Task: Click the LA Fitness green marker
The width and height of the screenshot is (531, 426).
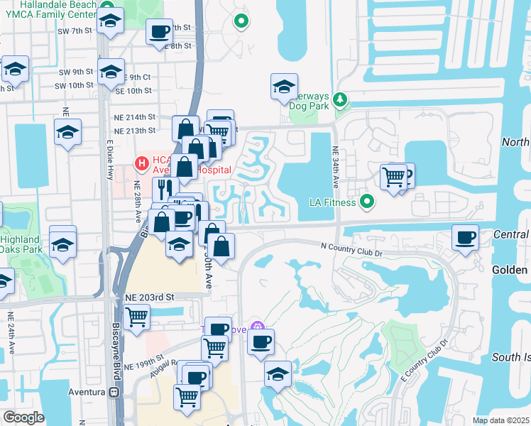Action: [x=366, y=202]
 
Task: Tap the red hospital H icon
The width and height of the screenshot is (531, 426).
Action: [x=142, y=164]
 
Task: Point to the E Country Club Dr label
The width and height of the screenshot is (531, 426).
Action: [x=425, y=359]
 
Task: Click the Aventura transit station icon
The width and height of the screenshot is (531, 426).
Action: [x=113, y=393]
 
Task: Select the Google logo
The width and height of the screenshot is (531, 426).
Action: [x=23, y=417]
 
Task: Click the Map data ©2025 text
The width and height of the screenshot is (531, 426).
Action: [x=501, y=420]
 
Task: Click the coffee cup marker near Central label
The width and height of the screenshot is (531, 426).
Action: [x=465, y=237]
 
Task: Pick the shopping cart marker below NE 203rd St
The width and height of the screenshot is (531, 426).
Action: [x=136, y=317]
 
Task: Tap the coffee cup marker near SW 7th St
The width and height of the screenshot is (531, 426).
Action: [x=159, y=31]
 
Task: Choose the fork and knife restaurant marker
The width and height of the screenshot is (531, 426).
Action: [x=163, y=188]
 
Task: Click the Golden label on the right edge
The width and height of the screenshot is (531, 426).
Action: [x=510, y=270]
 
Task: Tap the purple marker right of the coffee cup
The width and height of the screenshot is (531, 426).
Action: [x=260, y=327]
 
